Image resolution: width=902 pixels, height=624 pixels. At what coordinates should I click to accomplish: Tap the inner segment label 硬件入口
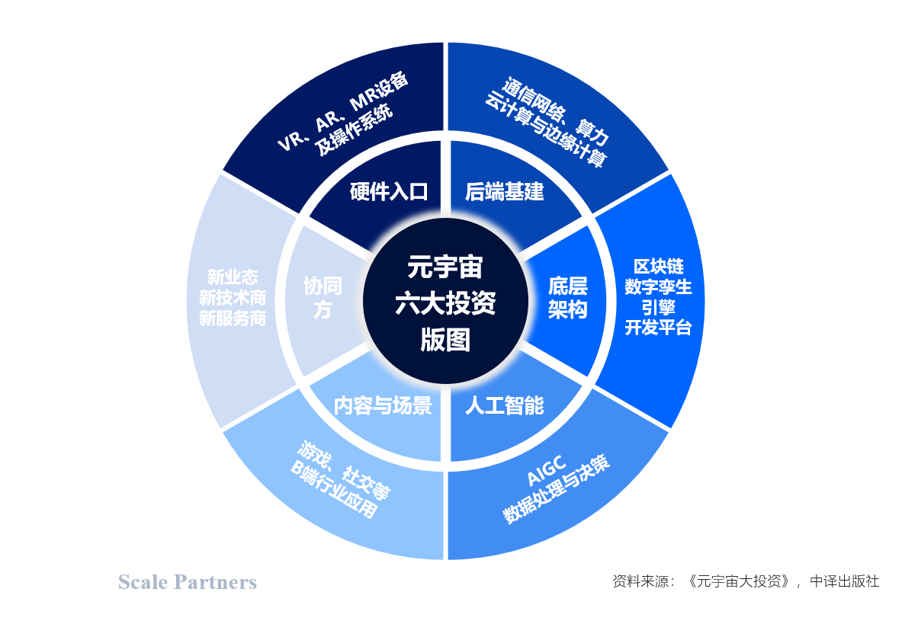point(389,191)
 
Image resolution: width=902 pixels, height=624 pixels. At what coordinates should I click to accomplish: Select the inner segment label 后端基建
point(504,191)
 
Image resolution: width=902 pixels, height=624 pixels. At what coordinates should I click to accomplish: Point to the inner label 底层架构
point(567,298)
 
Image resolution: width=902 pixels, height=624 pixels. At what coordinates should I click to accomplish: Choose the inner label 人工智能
point(504,405)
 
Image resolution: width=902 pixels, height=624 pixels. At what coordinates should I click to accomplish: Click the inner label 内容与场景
point(383,405)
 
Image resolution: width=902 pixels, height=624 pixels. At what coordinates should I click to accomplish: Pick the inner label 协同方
point(323,298)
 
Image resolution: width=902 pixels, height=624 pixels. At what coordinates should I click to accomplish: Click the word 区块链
point(659,267)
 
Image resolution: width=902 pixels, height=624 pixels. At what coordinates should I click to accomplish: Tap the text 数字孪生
point(659,287)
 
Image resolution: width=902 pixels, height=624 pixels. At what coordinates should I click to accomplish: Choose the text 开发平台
point(659,328)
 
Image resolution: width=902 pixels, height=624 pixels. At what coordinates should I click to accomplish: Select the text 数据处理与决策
point(557,491)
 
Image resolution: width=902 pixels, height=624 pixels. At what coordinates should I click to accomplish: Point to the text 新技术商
point(233,298)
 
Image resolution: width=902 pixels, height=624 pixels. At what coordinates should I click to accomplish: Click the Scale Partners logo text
point(188,583)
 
